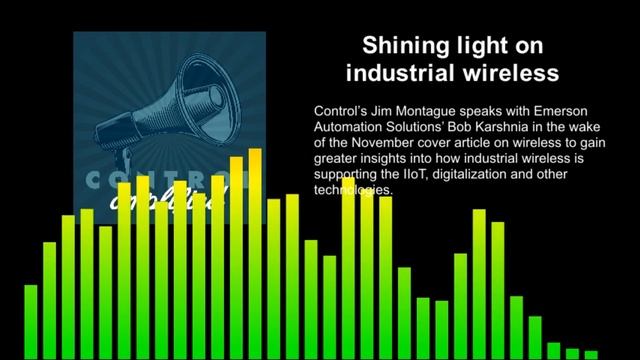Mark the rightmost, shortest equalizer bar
point(593,354)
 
